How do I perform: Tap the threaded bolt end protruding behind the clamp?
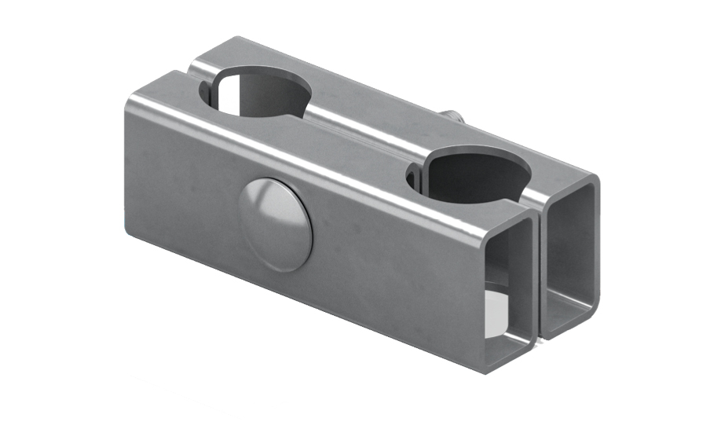(x=455, y=118)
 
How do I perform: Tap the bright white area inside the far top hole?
(x=232, y=98)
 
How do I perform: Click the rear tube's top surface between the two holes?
(x=369, y=118)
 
